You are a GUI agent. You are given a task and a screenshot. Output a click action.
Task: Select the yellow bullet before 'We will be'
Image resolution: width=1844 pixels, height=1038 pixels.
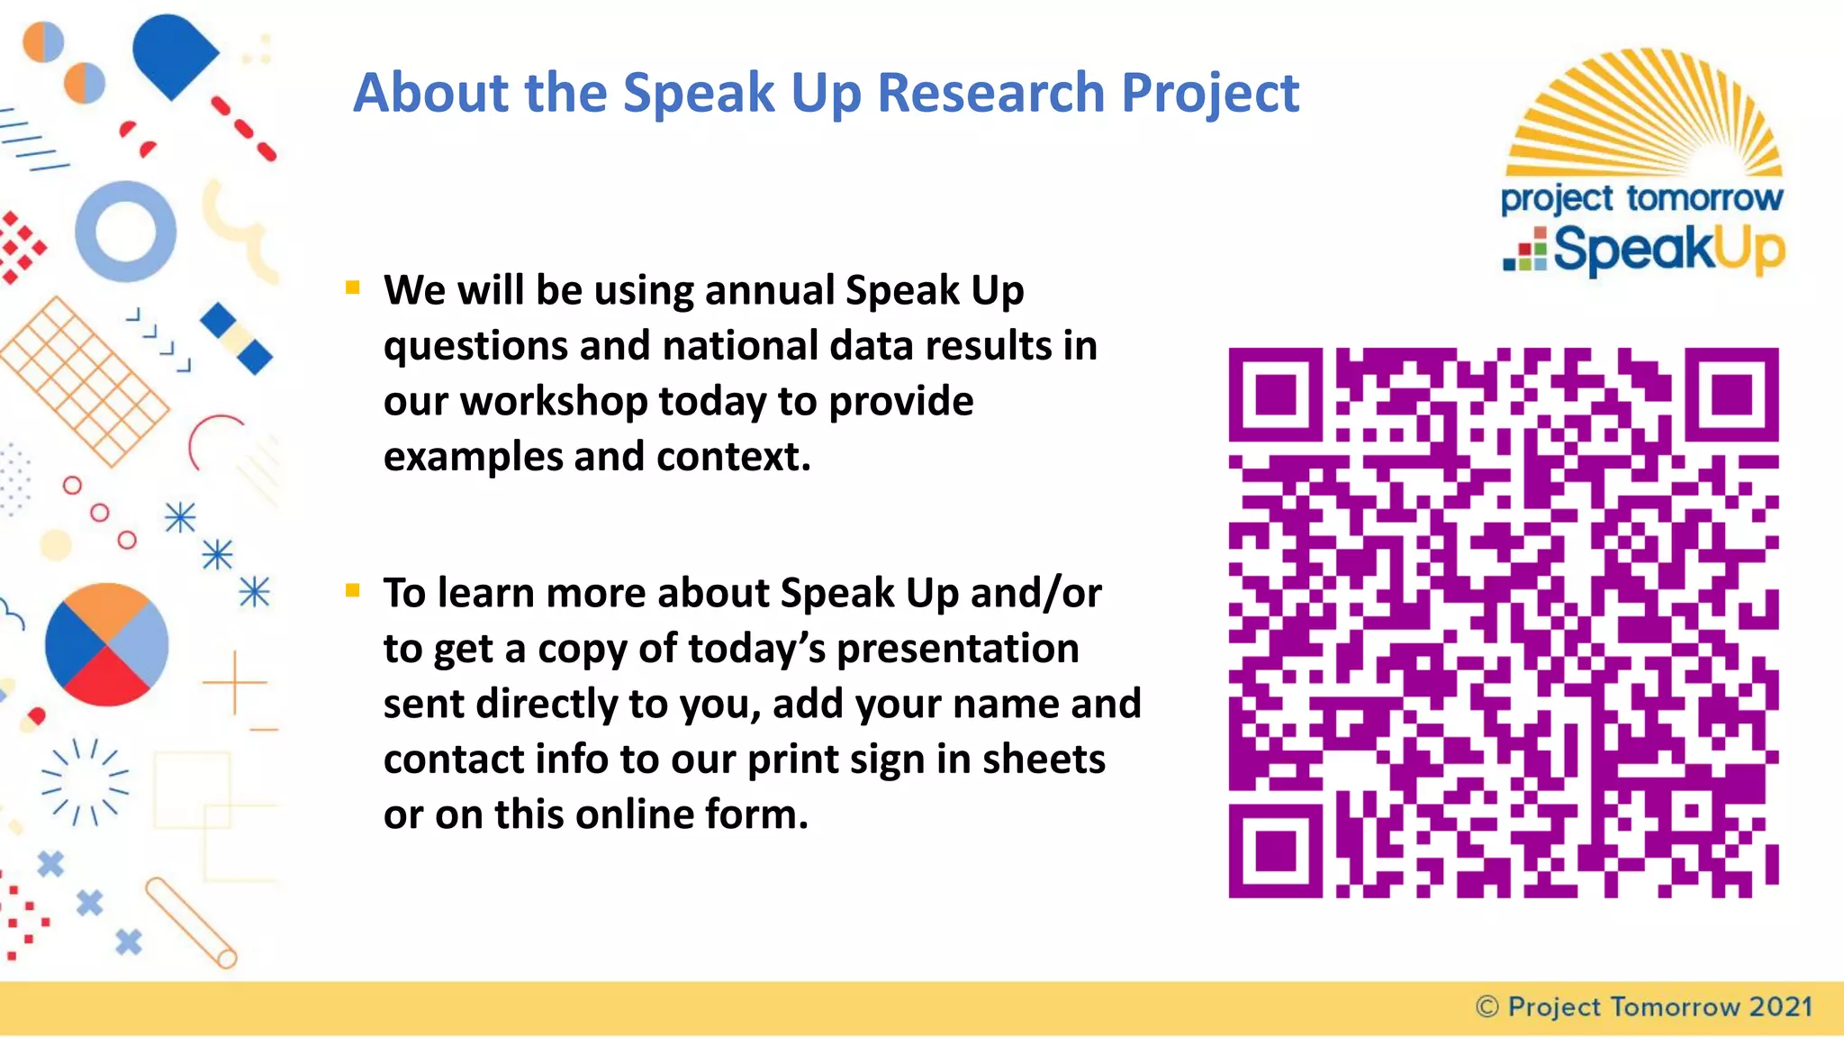coord(352,288)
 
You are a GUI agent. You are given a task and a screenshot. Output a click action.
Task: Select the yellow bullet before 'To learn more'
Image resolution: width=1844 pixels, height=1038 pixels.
coord(352,591)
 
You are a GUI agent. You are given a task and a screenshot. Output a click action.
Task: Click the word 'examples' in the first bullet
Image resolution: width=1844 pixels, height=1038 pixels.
coord(472,457)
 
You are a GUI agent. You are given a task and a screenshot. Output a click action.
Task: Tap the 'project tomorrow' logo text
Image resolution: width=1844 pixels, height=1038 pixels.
coord(1641,198)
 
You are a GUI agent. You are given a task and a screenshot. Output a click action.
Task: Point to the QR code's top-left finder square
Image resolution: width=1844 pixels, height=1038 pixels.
coord(1275,395)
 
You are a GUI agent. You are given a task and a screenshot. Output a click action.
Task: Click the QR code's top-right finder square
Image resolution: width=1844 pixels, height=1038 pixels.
coord(1731,395)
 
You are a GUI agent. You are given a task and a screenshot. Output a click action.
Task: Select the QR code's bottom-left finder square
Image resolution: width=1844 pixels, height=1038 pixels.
coord(1275,851)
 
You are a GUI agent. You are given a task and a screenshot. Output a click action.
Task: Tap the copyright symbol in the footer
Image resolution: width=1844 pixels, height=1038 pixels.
coord(1487,1006)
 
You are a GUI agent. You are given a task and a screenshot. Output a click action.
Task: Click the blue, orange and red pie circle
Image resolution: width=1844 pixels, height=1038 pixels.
coord(106,645)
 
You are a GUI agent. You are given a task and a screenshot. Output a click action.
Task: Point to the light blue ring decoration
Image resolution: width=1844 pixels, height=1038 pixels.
coord(125,232)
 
